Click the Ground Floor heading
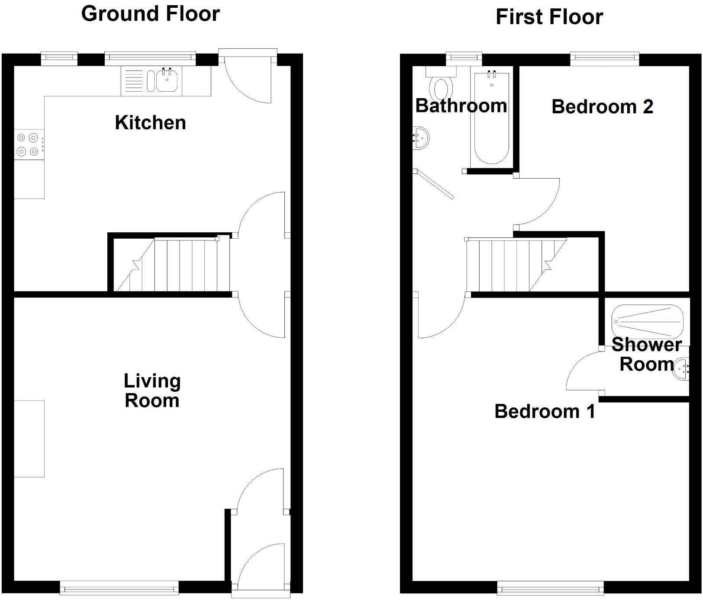pos(150,14)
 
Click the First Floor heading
pos(549,17)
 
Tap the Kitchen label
pos(150,123)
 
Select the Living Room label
pos(152,391)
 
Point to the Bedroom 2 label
pos(602,107)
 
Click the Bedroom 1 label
pos(545,411)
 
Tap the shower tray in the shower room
pos(647,322)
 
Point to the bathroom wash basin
pos(420,138)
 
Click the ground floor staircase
pos(173,265)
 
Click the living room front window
pos(119,588)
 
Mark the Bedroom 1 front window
pos(550,588)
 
